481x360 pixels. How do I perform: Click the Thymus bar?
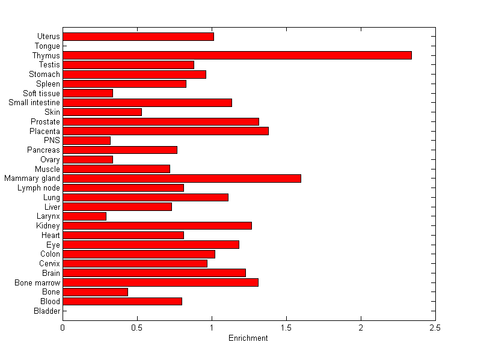click(237, 55)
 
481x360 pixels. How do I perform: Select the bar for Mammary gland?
click(182, 178)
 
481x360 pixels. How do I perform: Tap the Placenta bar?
click(165, 131)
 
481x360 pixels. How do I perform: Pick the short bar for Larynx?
click(84, 216)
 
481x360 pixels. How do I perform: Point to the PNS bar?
click(87, 141)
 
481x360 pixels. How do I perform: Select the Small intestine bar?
click(147, 103)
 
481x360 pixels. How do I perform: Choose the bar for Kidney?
click(157, 226)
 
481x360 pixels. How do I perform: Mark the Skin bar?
click(102, 112)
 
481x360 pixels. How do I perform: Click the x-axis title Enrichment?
click(248, 338)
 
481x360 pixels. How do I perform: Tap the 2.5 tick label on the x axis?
click(435, 328)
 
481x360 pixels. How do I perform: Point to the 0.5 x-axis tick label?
click(137, 328)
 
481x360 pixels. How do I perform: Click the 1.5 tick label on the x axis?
click(286, 328)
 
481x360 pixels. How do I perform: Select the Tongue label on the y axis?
click(47, 46)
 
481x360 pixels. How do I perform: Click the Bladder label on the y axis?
click(47, 311)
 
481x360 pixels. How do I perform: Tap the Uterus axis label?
click(48, 37)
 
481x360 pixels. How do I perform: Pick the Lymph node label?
click(39, 188)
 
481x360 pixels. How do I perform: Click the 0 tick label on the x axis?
click(63, 328)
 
